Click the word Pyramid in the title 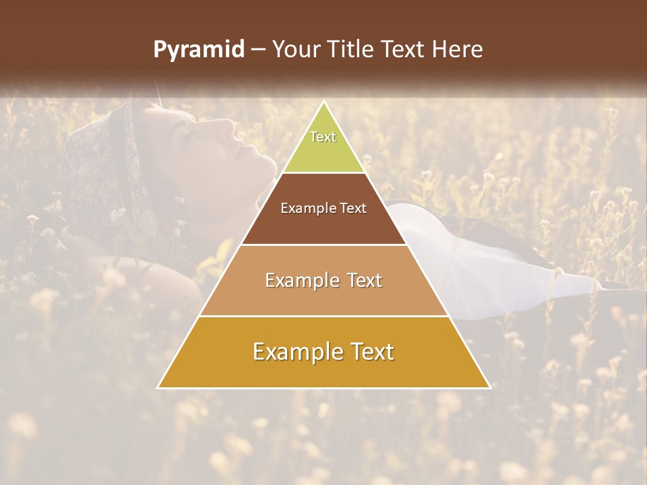click(198, 50)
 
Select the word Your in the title click(295, 50)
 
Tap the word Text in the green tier click(323, 137)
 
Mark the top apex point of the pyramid click(324, 102)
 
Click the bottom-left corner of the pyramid click(158, 387)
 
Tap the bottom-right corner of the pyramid click(489, 387)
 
